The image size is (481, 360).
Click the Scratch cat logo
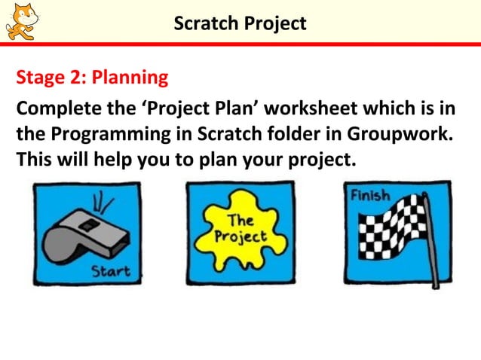pos(21,20)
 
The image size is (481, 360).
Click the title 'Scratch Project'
pos(240,23)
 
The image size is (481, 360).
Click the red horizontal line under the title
pos(240,44)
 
